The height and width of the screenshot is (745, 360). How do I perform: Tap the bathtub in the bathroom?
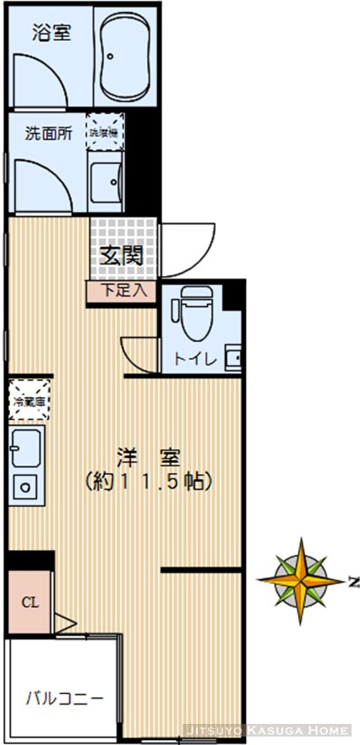coord(125,57)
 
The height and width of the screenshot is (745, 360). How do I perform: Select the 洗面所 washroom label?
coord(46,133)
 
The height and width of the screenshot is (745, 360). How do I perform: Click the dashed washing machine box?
coord(107,132)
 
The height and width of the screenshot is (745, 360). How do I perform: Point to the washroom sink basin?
coord(107,180)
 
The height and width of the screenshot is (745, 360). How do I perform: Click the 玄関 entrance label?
coord(123,255)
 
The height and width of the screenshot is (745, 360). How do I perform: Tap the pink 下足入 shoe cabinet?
coord(123,291)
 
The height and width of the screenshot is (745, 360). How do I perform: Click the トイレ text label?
coord(195,358)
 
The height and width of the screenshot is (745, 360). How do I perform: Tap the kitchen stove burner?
coord(26,487)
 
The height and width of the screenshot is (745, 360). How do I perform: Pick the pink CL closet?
coord(30,603)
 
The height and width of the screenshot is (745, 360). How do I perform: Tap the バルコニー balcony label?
coord(63,699)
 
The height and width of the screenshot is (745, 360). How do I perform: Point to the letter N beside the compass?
coord(353,581)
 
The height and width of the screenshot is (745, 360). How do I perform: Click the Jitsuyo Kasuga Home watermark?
coord(266,729)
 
